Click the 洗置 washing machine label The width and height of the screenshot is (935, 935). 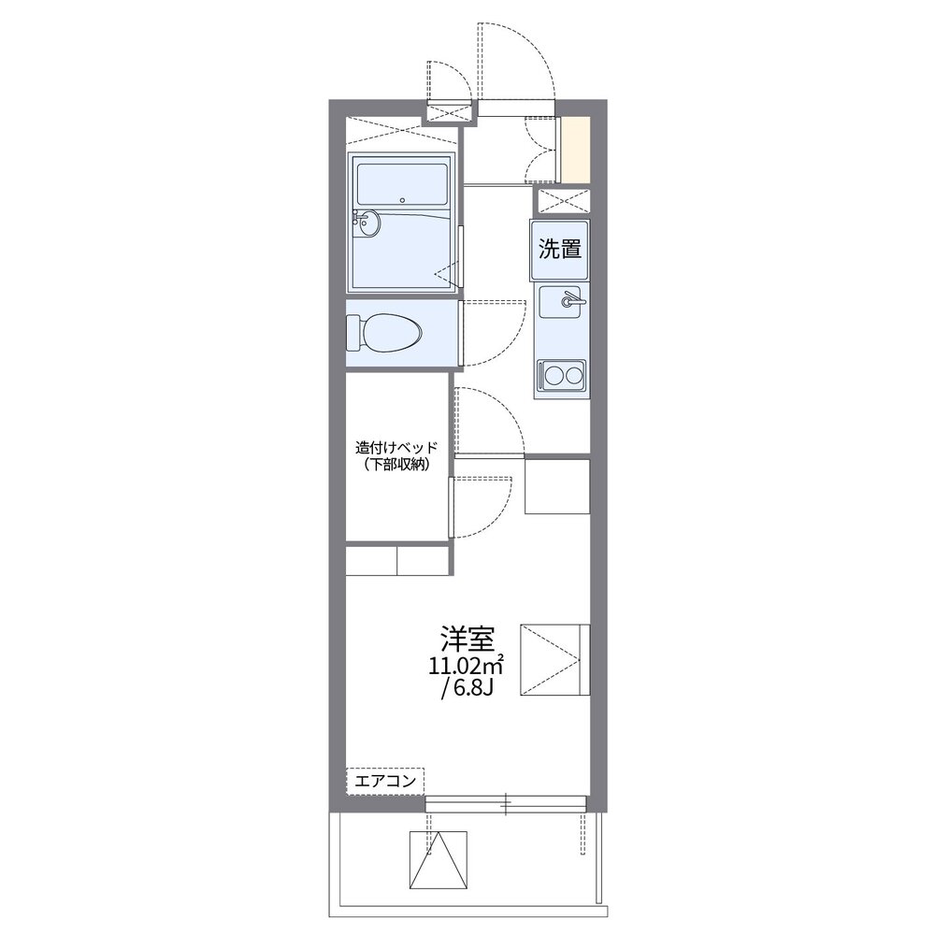pos(560,249)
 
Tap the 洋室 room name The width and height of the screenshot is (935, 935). pos(467,639)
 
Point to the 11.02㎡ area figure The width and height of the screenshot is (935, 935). pos(467,665)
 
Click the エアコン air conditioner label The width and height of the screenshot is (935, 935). pos(384,781)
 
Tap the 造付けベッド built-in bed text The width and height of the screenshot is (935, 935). pos(396,447)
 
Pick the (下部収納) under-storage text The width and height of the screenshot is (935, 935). pos(396,465)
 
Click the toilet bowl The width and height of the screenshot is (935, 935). pos(391,332)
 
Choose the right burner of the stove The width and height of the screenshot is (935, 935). pos(573,376)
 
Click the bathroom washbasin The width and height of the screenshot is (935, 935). pos(367,223)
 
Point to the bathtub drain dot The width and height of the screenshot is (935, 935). pos(402,200)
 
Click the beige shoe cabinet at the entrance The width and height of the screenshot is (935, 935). pos(575,150)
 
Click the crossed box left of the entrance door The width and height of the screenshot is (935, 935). pos(451,114)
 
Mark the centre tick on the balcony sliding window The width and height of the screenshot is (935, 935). pos(506,803)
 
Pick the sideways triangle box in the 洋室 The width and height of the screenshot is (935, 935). pos(554,659)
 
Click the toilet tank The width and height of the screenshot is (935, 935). pos(353,332)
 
